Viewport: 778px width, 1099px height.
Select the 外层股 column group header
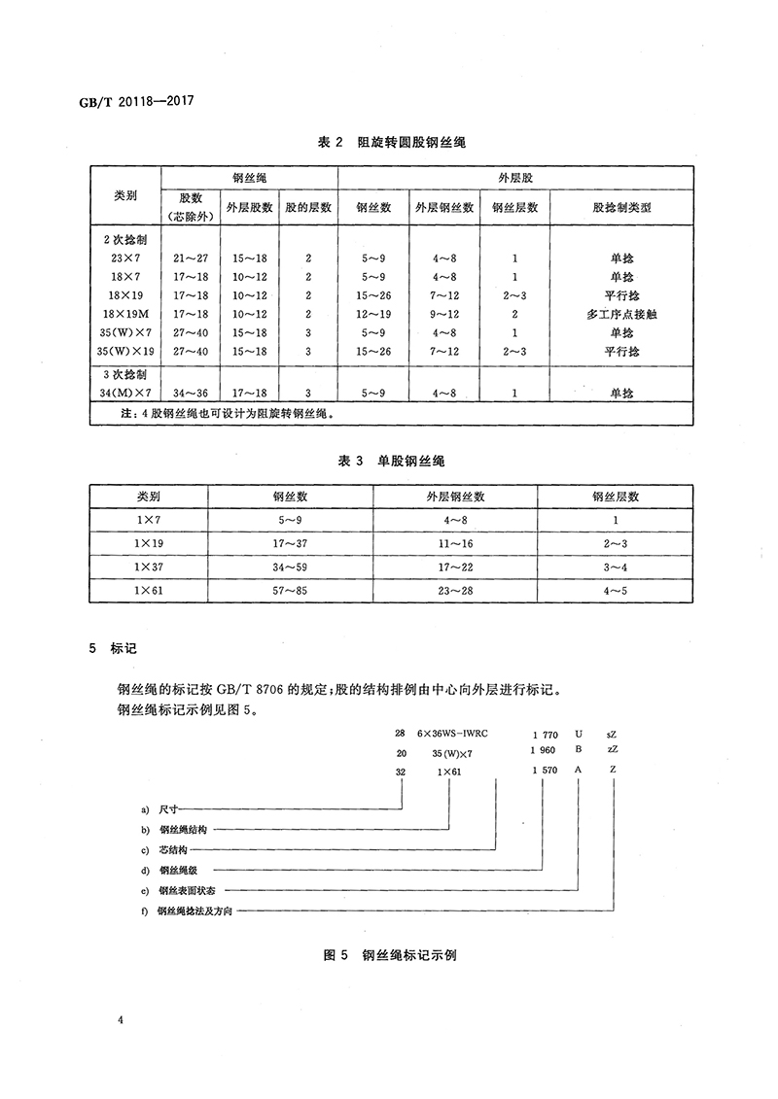pyautogui.click(x=515, y=178)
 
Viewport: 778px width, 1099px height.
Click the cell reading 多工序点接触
pyautogui.click(x=622, y=314)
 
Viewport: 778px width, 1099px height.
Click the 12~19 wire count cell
pyautogui.click(x=373, y=314)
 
